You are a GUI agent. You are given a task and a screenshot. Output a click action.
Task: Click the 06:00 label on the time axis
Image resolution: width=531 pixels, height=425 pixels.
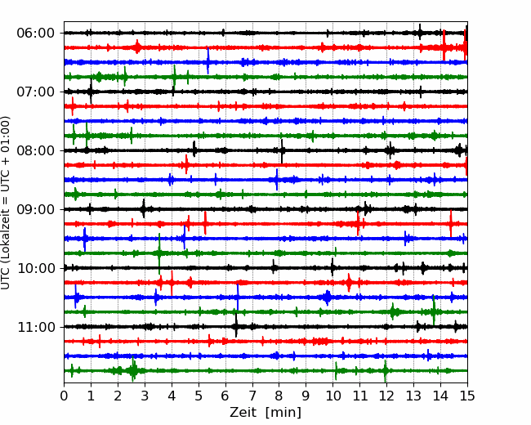pyautogui.click(x=36, y=34)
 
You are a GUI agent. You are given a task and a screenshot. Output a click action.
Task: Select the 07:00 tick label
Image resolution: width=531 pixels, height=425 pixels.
pyautogui.click(x=36, y=92)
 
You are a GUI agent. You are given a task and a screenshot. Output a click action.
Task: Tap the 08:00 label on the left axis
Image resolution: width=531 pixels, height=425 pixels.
pyautogui.click(x=36, y=150)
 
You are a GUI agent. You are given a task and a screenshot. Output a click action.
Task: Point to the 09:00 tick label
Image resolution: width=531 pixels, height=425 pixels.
pyautogui.click(x=36, y=209)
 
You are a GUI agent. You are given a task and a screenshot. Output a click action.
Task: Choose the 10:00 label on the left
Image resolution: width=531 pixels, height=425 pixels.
pyautogui.click(x=36, y=268)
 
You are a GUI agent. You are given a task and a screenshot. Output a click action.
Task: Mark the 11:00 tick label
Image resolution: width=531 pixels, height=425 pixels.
pyautogui.click(x=36, y=327)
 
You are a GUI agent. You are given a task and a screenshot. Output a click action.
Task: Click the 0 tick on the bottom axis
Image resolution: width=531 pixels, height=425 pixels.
pyautogui.click(x=64, y=396)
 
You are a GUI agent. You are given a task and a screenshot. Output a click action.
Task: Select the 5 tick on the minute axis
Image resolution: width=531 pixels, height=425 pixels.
pyautogui.click(x=199, y=396)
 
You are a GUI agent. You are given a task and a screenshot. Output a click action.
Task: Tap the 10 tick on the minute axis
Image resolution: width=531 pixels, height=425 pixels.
pyautogui.click(x=332, y=396)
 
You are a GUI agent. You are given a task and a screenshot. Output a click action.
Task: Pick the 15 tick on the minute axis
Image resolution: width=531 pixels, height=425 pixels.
pyautogui.click(x=467, y=396)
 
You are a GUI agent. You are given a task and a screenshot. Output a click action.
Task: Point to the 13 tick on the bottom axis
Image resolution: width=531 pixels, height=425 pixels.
pyautogui.click(x=413, y=396)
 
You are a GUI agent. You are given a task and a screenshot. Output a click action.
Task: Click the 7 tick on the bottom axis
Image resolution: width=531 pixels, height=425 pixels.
pyautogui.click(x=252, y=396)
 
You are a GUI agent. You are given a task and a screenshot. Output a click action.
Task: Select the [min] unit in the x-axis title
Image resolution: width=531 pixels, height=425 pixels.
pyautogui.click(x=283, y=413)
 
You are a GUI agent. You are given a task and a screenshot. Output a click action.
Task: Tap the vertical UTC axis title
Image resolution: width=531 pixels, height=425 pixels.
pyautogui.click(x=6, y=203)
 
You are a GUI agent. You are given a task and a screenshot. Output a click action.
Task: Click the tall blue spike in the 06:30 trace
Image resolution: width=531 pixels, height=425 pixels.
pyautogui.click(x=208, y=61)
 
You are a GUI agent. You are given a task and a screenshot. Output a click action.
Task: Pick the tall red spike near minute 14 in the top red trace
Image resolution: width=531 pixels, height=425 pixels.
pyautogui.click(x=444, y=45)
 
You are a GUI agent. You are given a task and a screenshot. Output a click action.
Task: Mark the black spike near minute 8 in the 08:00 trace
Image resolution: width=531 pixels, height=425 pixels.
pyautogui.click(x=282, y=151)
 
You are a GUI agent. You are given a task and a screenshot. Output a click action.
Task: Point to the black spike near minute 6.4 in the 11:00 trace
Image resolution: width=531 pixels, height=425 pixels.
pyautogui.click(x=236, y=326)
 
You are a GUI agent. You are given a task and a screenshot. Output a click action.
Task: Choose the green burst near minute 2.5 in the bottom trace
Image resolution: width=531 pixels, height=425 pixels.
pyautogui.click(x=133, y=369)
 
